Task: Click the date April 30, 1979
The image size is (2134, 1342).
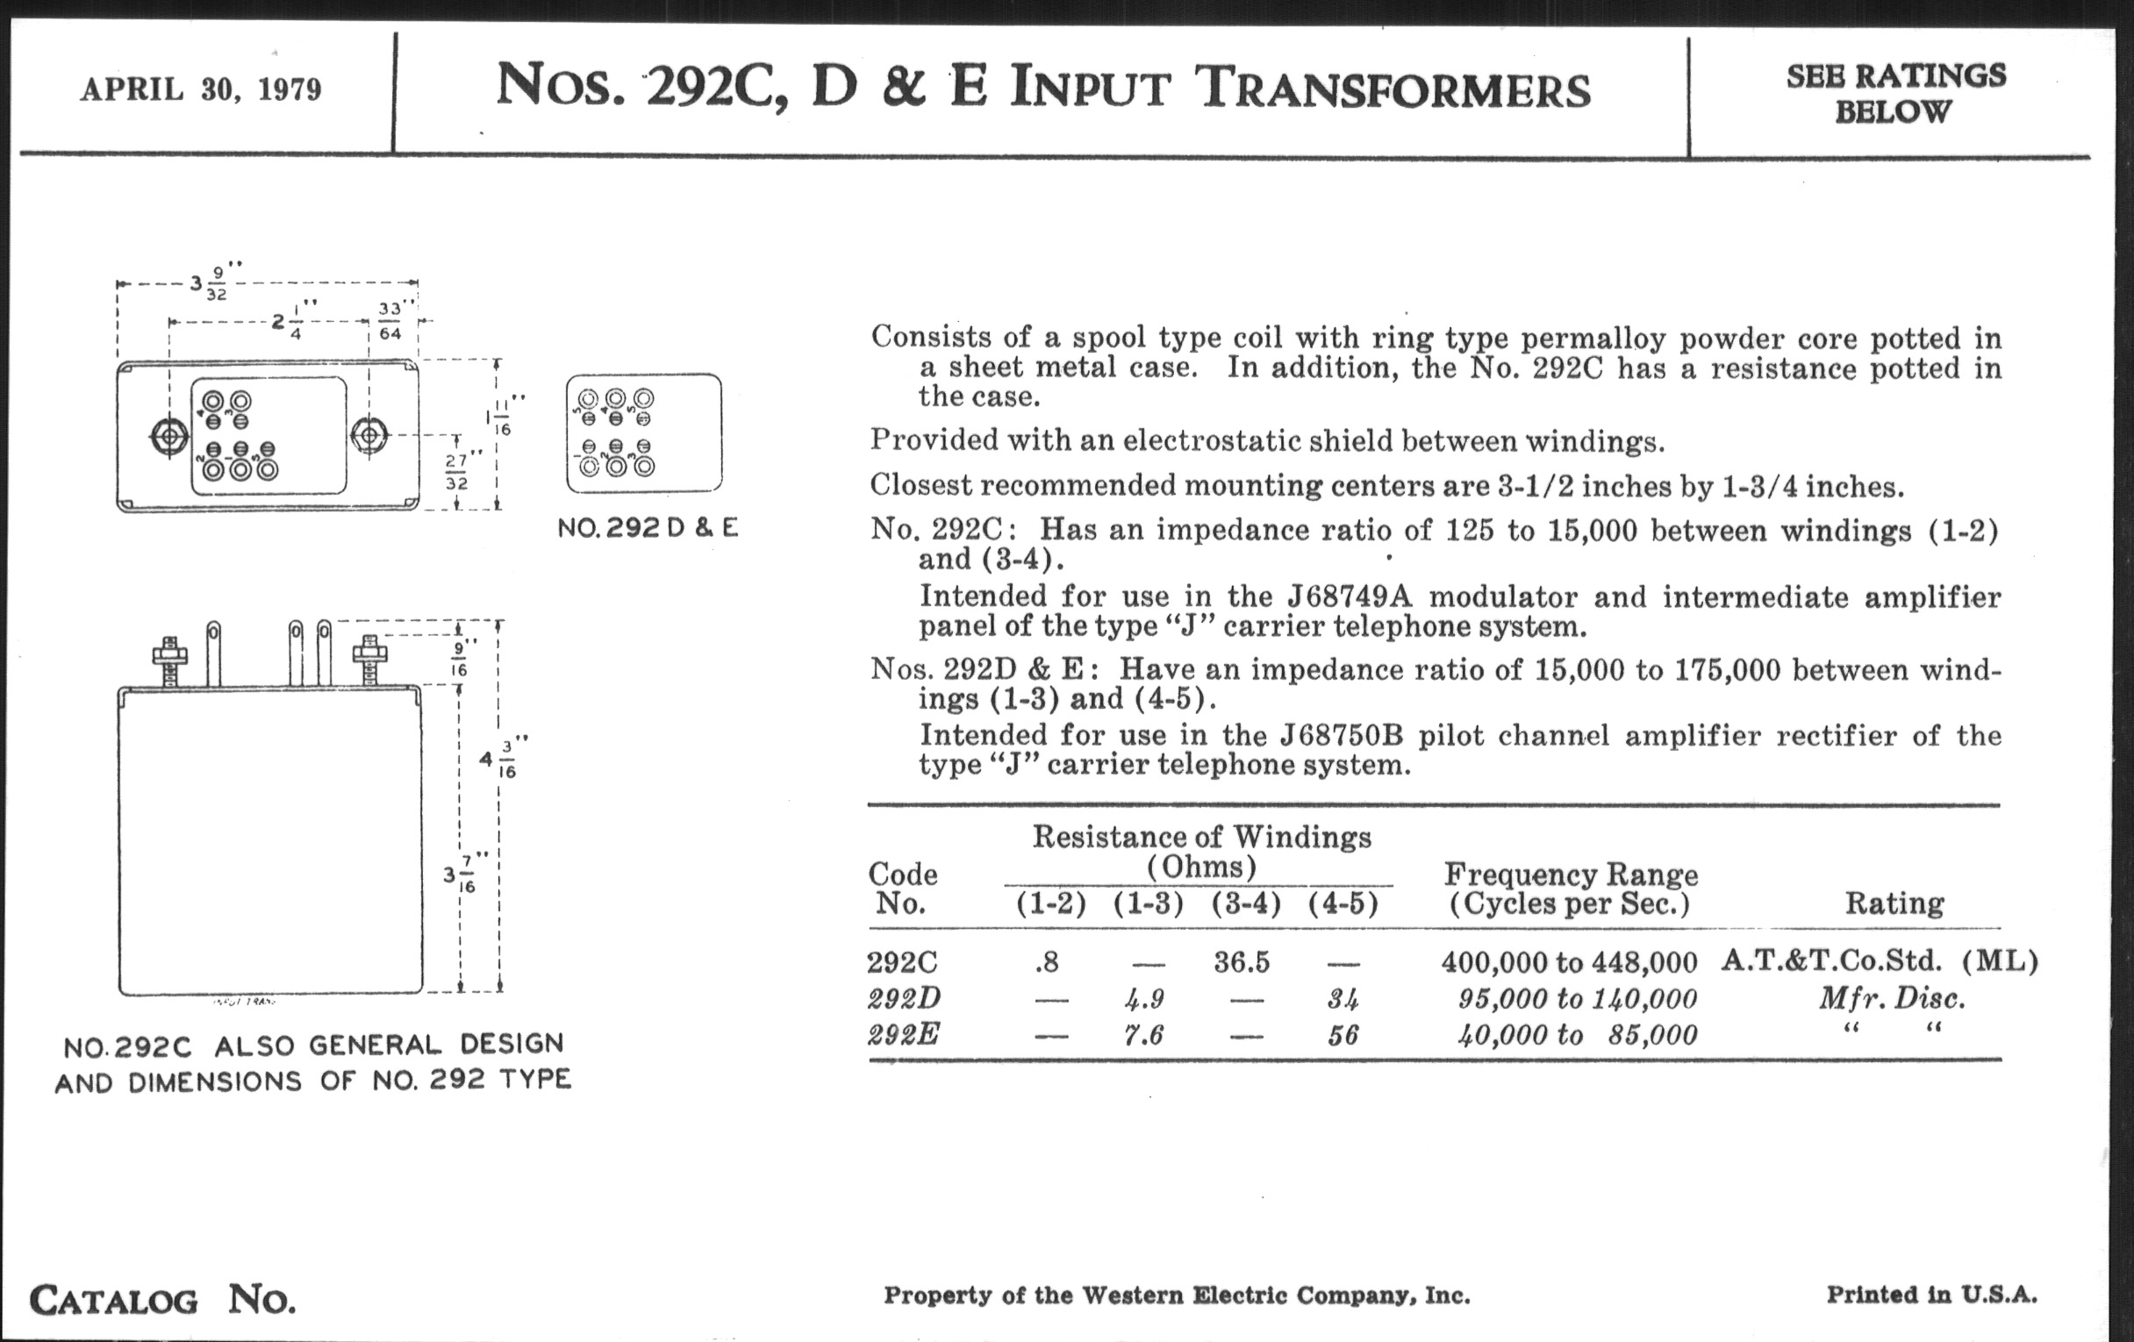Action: (201, 89)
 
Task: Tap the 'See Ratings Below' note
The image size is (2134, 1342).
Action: (1894, 94)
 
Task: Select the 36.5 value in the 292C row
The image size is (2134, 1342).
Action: (1241, 962)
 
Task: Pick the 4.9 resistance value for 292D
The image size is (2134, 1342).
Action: (1144, 999)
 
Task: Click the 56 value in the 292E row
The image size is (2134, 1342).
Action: (1343, 1036)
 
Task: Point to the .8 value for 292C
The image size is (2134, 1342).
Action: (1047, 962)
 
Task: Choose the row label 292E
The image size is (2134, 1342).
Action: (903, 1035)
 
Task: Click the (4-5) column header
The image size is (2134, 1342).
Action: (1343, 903)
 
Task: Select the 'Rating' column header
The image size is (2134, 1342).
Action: (1894, 903)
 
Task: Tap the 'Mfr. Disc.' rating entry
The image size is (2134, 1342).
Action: (1892, 999)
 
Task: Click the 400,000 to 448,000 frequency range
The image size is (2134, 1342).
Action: (1569, 962)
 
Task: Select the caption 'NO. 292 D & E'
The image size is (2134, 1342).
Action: (648, 528)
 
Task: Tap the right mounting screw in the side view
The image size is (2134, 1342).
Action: (369, 660)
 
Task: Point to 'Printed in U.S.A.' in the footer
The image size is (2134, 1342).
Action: (1931, 1295)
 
